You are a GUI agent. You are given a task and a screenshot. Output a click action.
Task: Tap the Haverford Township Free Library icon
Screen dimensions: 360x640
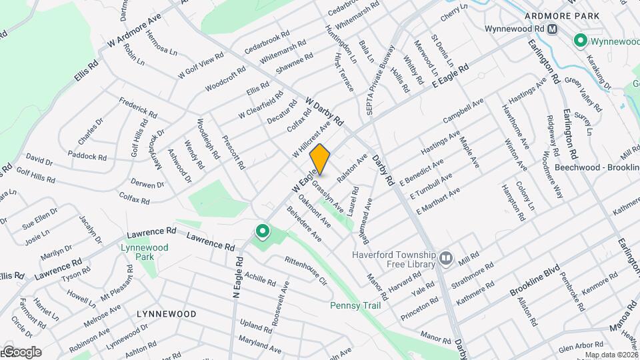[446, 257]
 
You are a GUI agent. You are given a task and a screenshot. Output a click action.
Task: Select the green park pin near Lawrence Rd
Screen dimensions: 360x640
[263, 233]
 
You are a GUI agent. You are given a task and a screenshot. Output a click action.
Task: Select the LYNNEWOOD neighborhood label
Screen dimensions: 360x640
[166, 313]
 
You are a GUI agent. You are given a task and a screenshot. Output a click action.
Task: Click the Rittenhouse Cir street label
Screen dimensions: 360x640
[305, 271]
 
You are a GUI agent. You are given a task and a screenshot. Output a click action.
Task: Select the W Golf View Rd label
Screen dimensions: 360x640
[200, 66]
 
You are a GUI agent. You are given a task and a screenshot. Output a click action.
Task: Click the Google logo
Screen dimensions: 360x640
[22, 352]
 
